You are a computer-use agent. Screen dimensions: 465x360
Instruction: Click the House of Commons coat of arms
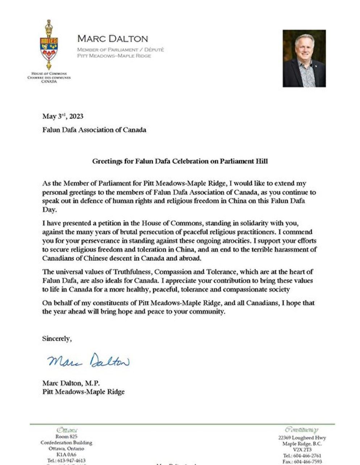[x=49, y=45]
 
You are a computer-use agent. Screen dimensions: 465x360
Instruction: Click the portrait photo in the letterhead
[x=304, y=58]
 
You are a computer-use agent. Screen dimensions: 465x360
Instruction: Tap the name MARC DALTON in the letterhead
[x=113, y=39]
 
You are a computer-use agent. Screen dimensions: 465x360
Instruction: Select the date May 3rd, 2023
[x=63, y=116]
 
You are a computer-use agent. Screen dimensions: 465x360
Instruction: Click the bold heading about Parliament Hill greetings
[x=180, y=161]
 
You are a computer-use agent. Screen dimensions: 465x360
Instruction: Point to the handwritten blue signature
[x=88, y=360]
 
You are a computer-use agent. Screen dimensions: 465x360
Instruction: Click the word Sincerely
[x=57, y=338]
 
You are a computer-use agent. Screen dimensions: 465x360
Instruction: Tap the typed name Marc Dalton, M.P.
[x=71, y=383]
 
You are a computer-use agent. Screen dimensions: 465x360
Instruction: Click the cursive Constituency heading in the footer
[x=301, y=430]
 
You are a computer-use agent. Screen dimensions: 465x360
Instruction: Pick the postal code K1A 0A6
[x=66, y=455]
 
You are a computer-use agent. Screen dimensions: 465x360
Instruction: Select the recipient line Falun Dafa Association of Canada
[x=94, y=130]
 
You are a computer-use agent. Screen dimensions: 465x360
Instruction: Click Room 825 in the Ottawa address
[x=66, y=437]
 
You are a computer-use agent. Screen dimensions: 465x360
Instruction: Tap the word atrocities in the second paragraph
[x=231, y=241]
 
